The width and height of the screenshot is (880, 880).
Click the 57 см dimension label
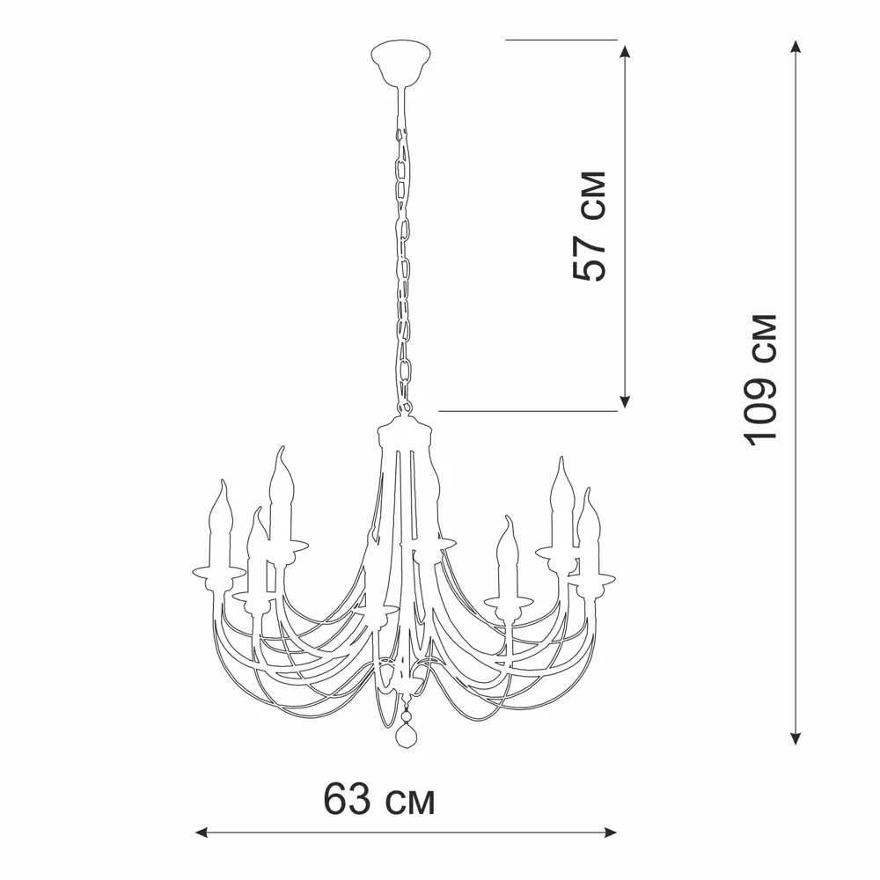click(x=590, y=225)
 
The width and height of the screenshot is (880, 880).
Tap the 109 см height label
click(x=760, y=380)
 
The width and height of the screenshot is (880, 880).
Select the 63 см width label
click(x=378, y=799)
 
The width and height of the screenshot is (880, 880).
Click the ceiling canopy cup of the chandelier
click(x=400, y=62)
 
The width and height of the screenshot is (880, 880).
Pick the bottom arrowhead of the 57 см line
click(x=625, y=401)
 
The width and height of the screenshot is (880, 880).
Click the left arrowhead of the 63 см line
click(x=202, y=832)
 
